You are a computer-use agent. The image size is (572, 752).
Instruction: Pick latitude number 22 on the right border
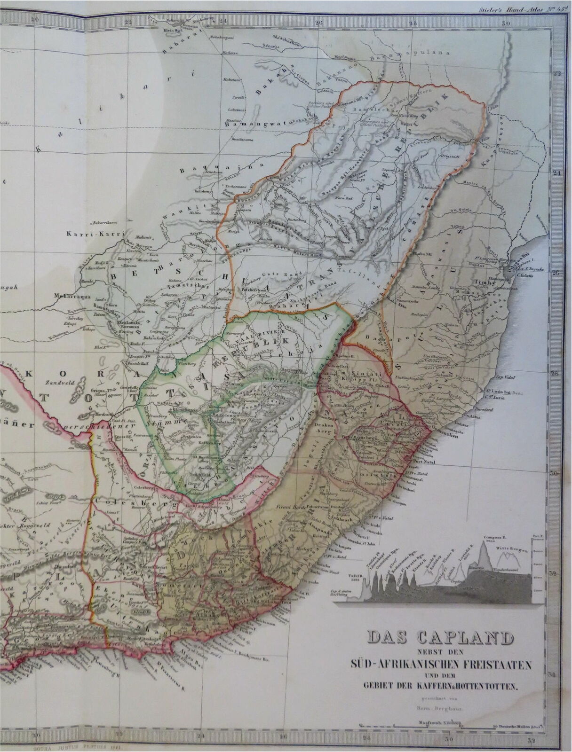558,73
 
